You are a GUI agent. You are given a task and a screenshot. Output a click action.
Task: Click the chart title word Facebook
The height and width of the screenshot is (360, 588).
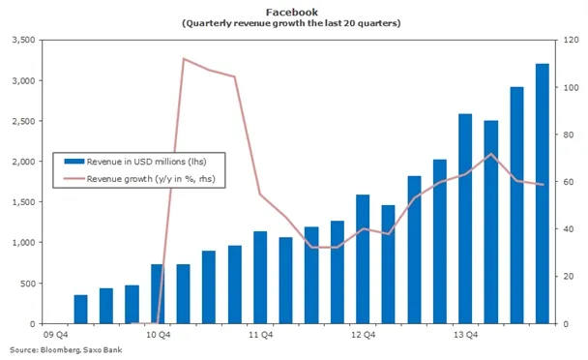tap(293, 9)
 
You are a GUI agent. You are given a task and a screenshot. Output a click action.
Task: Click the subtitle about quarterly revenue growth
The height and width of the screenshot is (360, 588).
tap(293, 21)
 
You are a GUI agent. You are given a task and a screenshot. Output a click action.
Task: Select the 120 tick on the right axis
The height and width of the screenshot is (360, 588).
tap(571, 40)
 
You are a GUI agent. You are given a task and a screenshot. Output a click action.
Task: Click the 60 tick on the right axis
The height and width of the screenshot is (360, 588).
tap(568, 182)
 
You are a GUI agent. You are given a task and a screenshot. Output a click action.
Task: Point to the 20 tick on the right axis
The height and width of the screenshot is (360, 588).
tap(568, 276)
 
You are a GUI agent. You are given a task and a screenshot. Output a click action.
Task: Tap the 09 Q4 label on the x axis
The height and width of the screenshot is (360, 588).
tap(55, 336)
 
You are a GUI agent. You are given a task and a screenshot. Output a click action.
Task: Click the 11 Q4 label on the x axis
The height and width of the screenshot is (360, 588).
tap(259, 336)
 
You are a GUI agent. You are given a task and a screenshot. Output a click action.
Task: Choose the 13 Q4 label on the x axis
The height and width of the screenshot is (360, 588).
tap(464, 336)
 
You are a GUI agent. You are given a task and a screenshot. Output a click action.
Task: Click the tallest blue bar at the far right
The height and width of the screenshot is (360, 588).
tap(543, 194)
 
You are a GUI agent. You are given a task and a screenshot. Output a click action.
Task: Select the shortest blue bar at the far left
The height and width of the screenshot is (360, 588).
tap(80, 310)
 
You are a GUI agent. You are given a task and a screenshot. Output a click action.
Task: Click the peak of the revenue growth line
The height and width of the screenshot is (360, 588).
tap(184, 59)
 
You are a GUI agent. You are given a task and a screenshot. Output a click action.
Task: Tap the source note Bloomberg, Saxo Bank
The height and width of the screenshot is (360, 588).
tap(64, 349)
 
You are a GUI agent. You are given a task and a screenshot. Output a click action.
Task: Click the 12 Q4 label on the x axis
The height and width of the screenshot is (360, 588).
tap(362, 336)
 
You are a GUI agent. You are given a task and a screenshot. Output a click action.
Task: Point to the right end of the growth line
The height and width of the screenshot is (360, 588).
tap(543, 184)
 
